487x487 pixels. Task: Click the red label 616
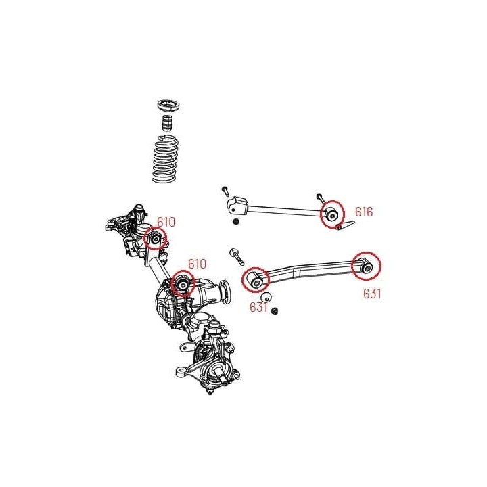click(364, 212)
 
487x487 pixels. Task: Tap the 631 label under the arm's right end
click(372, 294)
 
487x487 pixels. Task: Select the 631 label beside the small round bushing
click(258, 307)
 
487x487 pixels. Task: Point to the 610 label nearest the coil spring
click(166, 222)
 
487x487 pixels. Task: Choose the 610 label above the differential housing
click(197, 264)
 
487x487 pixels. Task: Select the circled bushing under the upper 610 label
click(156, 239)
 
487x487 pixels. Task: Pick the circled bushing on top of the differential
click(183, 283)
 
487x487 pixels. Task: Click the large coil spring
click(166, 158)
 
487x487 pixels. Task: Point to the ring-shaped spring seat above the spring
click(169, 106)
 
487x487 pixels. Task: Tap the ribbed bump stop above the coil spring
click(168, 123)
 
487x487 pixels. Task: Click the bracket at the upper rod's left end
click(238, 206)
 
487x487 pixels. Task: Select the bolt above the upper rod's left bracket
click(225, 191)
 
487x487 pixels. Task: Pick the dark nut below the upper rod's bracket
click(236, 222)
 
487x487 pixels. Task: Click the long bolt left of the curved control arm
click(237, 257)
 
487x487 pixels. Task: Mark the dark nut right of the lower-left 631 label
click(274, 311)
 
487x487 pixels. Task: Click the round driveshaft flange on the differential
click(225, 289)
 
